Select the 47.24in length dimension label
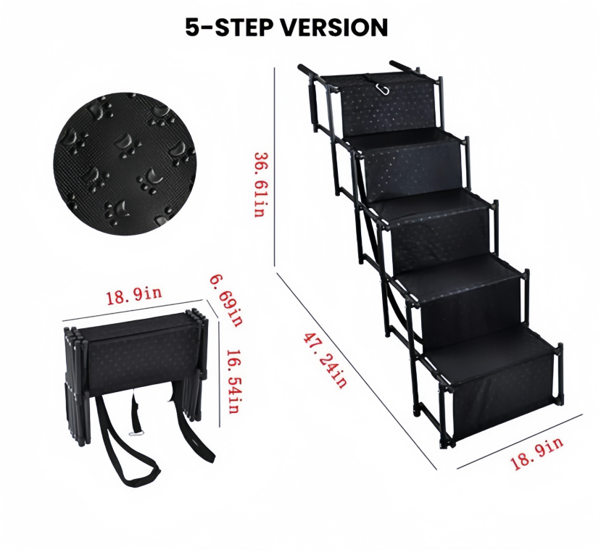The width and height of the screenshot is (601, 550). click(325, 360)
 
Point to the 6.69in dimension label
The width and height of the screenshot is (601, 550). click(226, 300)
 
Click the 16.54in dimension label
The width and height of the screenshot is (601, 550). click(233, 381)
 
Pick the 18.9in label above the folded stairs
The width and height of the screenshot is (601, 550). click(134, 296)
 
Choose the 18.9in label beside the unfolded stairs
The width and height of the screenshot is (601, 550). click(536, 453)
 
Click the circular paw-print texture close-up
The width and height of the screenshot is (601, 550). click(125, 164)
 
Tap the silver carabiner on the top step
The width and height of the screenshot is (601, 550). click(383, 89)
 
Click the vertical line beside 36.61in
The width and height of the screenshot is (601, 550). click(275, 167)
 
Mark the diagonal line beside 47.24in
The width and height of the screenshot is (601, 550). click(357, 371)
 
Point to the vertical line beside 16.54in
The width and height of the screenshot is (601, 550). click(219, 374)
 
